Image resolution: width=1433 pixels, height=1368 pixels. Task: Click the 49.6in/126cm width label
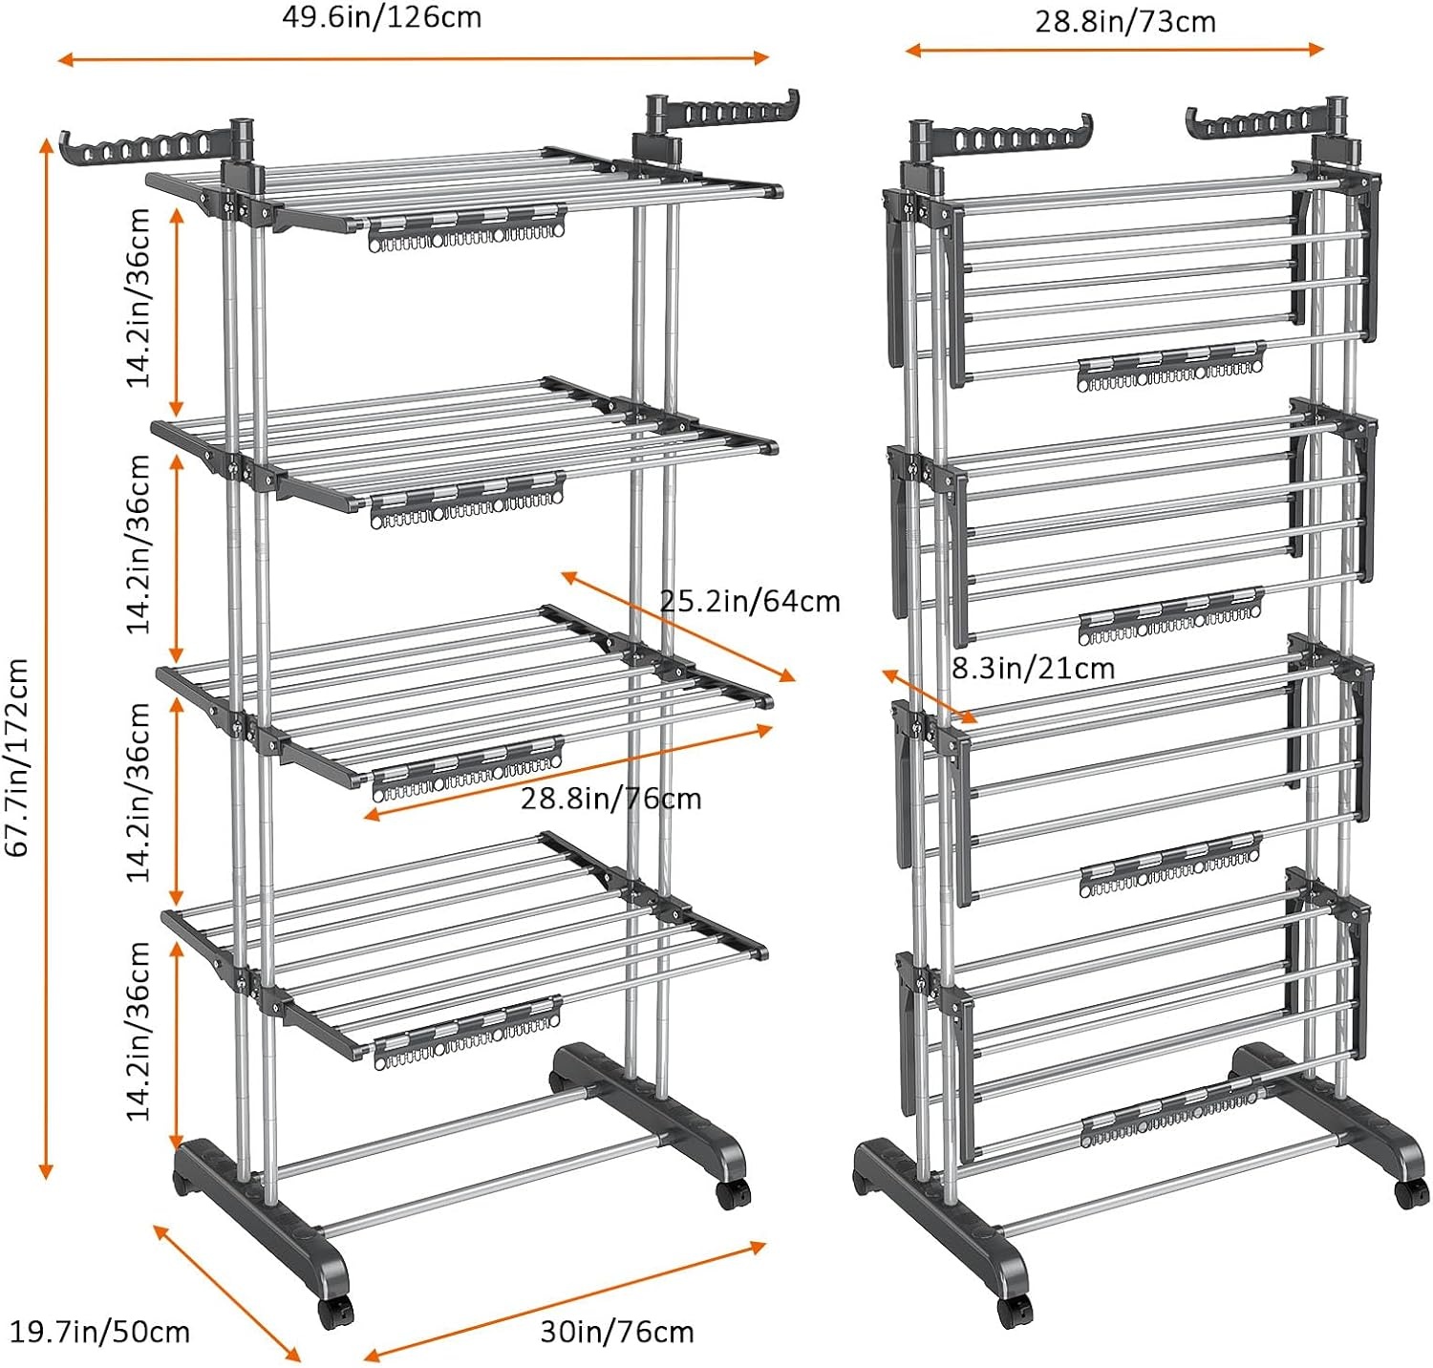381,17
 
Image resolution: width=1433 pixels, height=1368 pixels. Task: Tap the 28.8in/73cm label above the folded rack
1125,21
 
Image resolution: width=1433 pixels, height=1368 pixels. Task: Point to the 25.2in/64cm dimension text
750,601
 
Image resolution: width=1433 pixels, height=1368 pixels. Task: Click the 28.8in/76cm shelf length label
611,798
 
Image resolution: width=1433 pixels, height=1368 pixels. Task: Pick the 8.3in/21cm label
1034,668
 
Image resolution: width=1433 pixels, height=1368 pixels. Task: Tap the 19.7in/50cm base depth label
99,1332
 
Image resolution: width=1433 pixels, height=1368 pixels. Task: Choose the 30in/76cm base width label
617,1332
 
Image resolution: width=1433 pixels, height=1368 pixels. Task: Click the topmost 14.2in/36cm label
139,297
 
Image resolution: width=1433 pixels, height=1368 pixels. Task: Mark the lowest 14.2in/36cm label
139,1031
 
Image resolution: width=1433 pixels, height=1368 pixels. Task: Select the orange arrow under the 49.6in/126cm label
414,58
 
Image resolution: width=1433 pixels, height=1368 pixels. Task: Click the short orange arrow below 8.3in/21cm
929,695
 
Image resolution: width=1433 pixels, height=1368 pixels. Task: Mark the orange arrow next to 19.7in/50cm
227,1292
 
